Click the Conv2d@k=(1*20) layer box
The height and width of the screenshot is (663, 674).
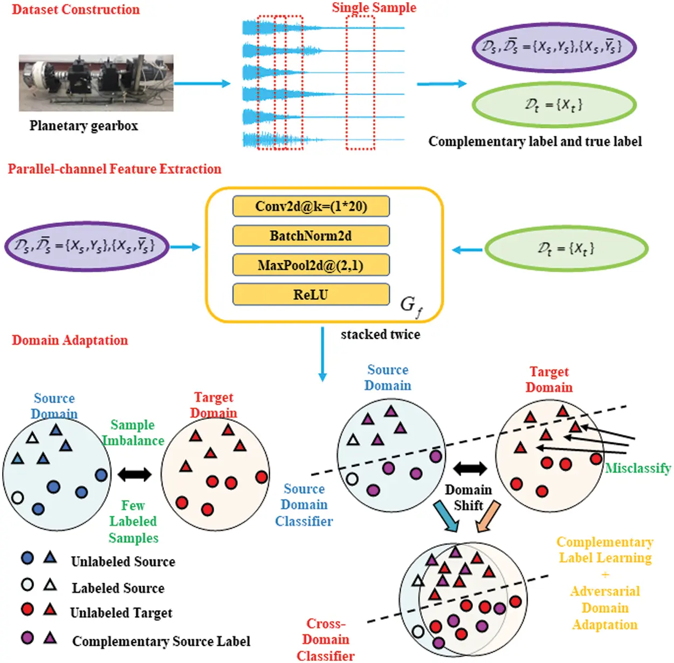[311, 207]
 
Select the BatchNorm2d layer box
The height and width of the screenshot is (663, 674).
[311, 236]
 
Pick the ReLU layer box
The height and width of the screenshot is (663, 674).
[311, 295]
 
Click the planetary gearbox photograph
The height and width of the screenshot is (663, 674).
[96, 83]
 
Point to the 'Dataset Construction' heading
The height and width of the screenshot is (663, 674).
[75, 10]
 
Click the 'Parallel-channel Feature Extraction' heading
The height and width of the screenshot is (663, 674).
[114, 169]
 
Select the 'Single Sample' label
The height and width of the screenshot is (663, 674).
[374, 8]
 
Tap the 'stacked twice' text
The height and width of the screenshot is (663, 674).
[380, 334]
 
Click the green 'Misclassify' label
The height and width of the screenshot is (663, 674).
[638, 468]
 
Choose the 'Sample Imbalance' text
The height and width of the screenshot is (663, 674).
[133, 433]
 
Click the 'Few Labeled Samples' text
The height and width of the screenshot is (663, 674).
[133, 522]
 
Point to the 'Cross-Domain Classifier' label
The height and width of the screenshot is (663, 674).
[326, 640]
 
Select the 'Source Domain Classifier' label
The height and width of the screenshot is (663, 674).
[304, 505]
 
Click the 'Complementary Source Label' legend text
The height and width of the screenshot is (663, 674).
[161, 641]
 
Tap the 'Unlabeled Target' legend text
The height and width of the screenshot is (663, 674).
[121, 613]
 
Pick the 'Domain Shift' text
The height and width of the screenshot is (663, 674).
[468, 497]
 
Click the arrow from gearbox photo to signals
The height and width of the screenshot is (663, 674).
[202, 83]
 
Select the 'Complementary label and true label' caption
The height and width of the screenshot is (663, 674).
[535, 141]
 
